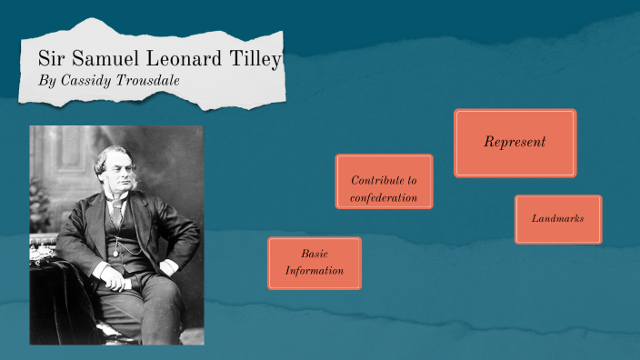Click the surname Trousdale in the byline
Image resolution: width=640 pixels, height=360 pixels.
click(x=150, y=80)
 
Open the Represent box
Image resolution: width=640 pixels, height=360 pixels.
click(x=515, y=143)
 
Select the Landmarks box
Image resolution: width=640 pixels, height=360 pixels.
click(x=557, y=219)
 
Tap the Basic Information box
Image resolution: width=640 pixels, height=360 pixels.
click(x=315, y=264)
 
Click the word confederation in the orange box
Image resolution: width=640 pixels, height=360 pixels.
click(x=384, y=198)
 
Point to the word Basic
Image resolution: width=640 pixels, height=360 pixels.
click(x=315, y=254)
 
